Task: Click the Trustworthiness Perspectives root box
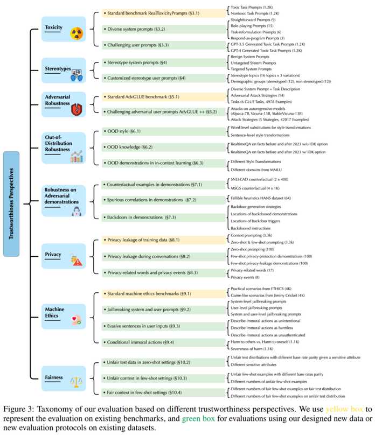pyautogui.click(x=11, y=204)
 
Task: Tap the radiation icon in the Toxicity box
pyautogui.click(x=77, y=33)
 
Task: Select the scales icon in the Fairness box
pyautogui.click(x=77, y=382)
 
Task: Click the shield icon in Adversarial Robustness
pyautogui.click(x=77, y=110)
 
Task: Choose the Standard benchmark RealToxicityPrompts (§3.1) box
pyautogui.click(x=163, y=13)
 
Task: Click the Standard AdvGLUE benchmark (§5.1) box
pyautogui.click(x=163, y=96)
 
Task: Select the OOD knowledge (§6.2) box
pyautogui.click(x=163, y=147)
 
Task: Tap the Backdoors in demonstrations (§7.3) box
pyautogui.click(x=163, y=217)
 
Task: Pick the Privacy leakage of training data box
pyautogui.click(x=163, y=240)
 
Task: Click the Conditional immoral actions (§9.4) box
pyautogui.click(x=163, y=342)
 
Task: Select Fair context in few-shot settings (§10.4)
pyautogui.click(x=163, y=392)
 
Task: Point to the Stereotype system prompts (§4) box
pyautogui.click(x=163, y=62)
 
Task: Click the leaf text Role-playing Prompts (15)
pyautogui.click(x=252, y=26)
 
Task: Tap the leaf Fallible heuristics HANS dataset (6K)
pyautogui.click(x=261, y=198)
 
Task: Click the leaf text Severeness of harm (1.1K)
pyautogui.click(x=252, y=349)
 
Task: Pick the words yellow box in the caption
pyautogui.click(x=344, y=409)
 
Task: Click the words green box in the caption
pyautogui.click(x=198, y=419)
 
